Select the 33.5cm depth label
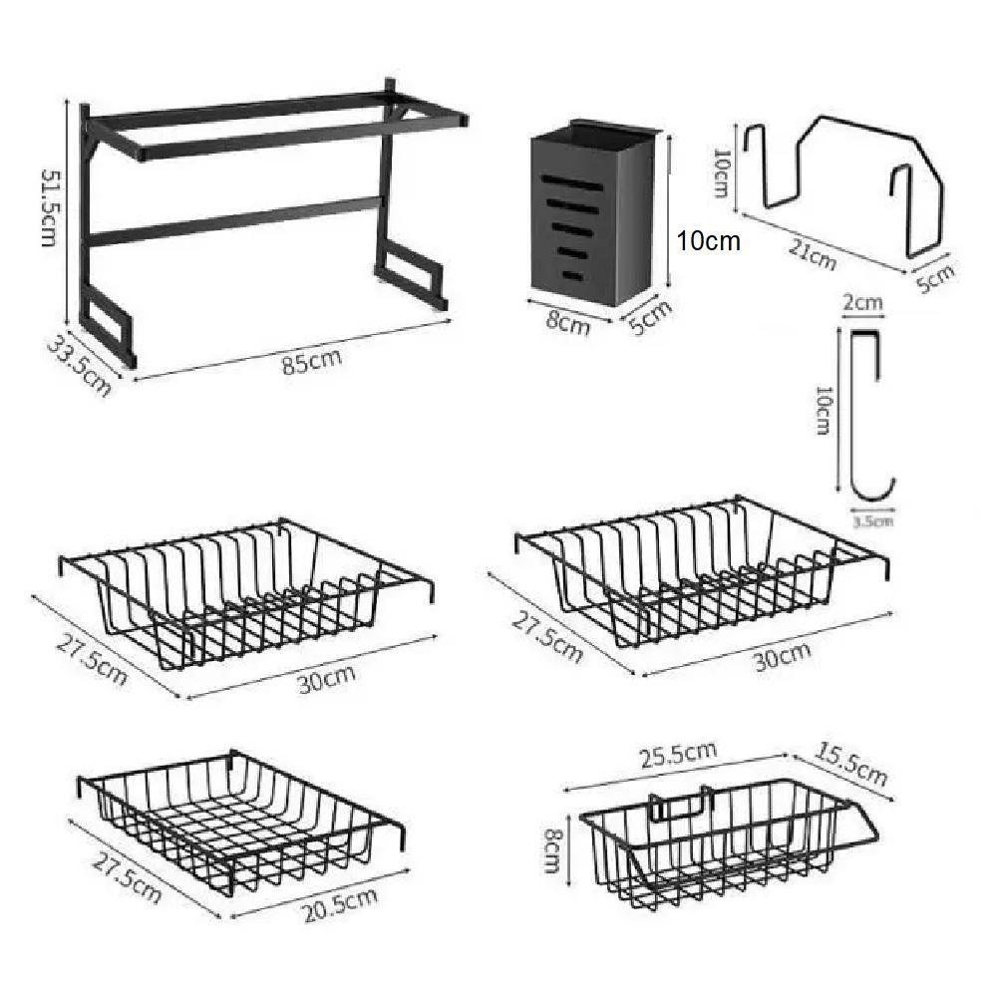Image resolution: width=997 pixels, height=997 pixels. (x=79, y=367)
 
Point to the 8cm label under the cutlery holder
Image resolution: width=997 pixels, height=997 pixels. (x=568, y=322)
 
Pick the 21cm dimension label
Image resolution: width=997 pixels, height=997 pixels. (x=812, y=253)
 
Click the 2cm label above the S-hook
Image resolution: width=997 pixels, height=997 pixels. (x=863, y=302)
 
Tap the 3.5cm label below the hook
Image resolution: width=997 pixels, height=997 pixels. (x=872, y=522)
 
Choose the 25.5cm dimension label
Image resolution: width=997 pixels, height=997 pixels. (x=678, y=755)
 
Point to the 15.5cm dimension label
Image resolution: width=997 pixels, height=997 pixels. (x=850, y=765)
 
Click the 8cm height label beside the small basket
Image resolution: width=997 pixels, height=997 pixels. (x=554, y=849)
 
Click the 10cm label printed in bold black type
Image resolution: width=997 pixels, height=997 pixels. (x=708, y=241)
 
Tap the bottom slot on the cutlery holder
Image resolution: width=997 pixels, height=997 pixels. (x=572, y=275)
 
